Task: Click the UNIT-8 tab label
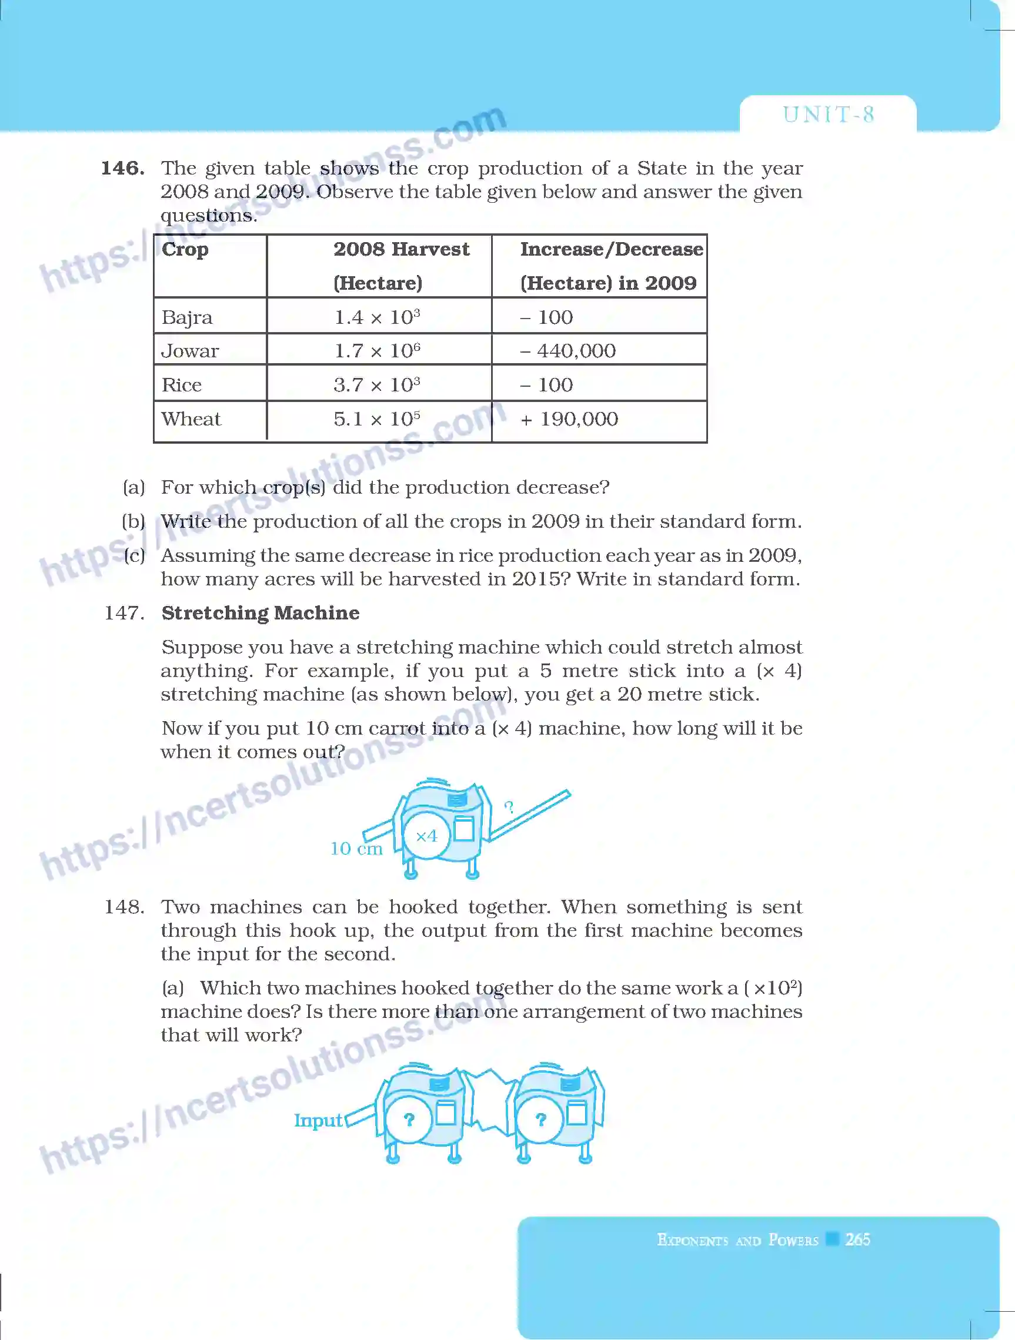coord(828,115)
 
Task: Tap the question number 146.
coord(122,168)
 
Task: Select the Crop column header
coord(185,249)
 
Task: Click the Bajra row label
coord(186,317)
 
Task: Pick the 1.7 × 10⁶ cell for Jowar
coord(377,350)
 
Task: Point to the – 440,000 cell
coord(568,350)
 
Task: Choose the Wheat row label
coord(191,418)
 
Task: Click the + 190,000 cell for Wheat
coord(569,418)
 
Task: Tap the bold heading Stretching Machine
coord(261,612)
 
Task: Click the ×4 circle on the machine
coord(426,836)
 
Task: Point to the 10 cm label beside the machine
coord(356,848)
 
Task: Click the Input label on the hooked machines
coord(318,1120)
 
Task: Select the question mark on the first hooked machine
coord(409,1120)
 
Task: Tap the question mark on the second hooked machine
coord(540,1120)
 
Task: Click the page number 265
coord(857,1239)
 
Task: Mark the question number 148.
coord(124,907)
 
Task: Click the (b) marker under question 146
coord(133,521)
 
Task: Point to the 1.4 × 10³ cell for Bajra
coord(377,317)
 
